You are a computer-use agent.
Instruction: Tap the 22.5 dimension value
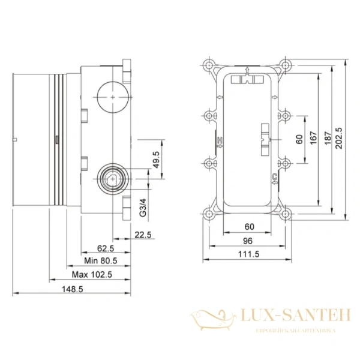(142, 234)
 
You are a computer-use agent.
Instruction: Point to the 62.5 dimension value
(106, 248)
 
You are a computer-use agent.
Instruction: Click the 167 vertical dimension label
(313, 136)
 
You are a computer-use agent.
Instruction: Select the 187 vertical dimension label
(326, 136)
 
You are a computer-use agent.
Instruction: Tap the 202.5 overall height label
(339, 136)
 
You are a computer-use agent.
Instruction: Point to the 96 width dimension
(247, 241)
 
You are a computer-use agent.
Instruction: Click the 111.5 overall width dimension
(247, 254)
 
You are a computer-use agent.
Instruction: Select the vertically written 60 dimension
(299, 140)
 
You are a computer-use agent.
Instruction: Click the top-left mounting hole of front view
(209, 65)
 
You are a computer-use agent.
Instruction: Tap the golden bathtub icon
(213, 317)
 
